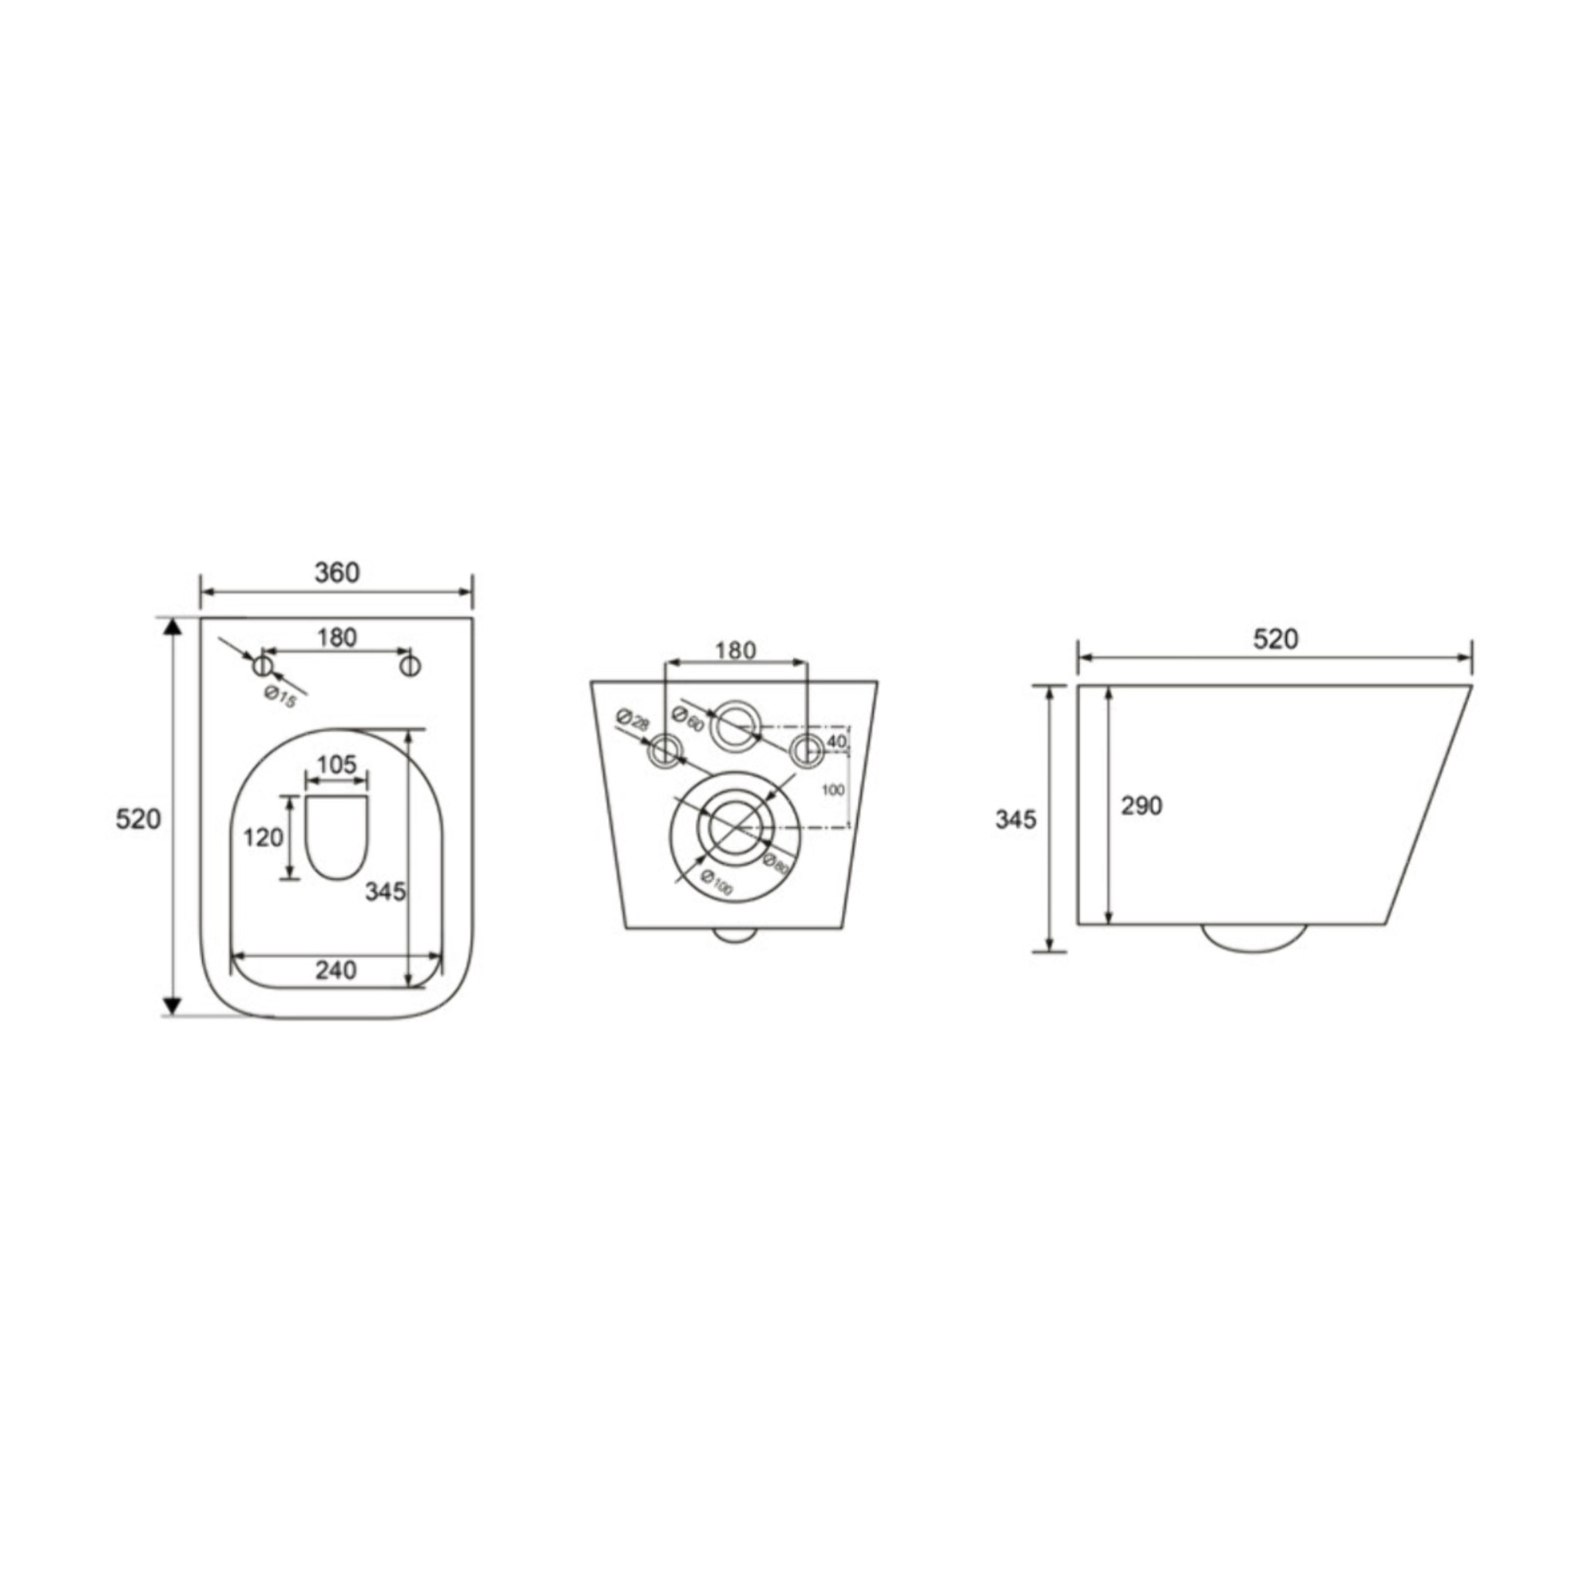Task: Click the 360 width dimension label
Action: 337,573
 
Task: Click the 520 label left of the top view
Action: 138,819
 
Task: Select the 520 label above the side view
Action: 1275,639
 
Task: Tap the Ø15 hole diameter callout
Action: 281,697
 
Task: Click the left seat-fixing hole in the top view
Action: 262,666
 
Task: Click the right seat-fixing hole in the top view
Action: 410,666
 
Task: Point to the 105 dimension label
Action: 336,765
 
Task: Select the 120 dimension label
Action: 263,837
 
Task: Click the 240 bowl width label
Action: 336,970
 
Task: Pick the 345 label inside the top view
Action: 384,891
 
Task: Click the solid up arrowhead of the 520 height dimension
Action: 172,627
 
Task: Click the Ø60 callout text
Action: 687,717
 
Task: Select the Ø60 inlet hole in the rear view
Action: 734,724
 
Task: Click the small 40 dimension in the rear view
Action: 836,741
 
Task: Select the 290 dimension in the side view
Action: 1141,806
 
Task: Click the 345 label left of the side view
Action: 1015,819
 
